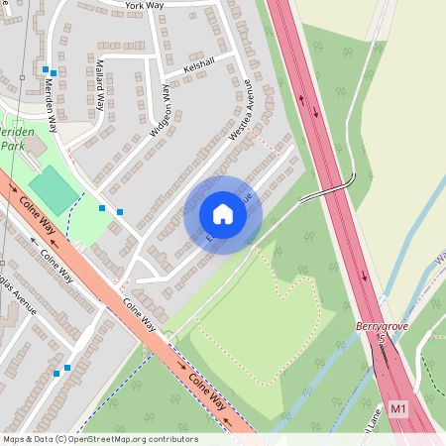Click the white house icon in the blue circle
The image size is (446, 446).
pos(223,214)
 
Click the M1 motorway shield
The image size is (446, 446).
pos(398,407)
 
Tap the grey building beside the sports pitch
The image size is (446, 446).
pos(34,146)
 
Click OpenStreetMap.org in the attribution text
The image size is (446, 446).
pos(114,439)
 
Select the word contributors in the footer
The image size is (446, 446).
pos(172,439)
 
